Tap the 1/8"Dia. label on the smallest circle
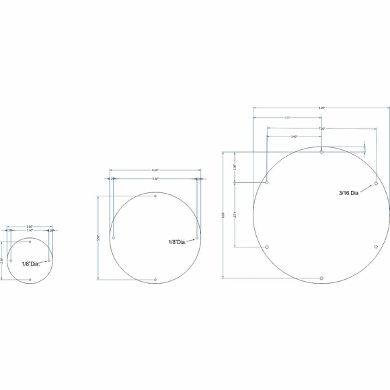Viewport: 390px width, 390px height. point(31,264)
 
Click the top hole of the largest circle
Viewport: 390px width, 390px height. point(322,153)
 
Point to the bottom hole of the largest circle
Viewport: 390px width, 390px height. point(322,277)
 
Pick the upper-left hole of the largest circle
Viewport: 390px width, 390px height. point(268,182)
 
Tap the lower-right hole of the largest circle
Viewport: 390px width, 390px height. point(376,247)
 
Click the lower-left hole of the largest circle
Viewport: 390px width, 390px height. point(268,247)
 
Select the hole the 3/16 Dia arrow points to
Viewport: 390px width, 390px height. point(376,182)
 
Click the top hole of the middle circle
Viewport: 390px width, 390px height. point(155,196)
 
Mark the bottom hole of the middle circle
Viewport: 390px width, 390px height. point(155,279)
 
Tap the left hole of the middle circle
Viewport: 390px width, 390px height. point(114,238)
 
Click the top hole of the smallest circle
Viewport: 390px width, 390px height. point(30,241)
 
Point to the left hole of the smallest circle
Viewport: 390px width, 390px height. point(11,260)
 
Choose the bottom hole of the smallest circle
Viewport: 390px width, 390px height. point(30,280)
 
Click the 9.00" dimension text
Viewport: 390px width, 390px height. point(321,108)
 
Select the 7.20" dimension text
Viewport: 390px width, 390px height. point(322,128)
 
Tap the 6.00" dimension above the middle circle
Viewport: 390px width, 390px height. point(155,170)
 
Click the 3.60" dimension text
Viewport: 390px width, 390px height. point(295,136)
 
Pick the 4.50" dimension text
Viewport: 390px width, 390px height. point(287,118)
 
